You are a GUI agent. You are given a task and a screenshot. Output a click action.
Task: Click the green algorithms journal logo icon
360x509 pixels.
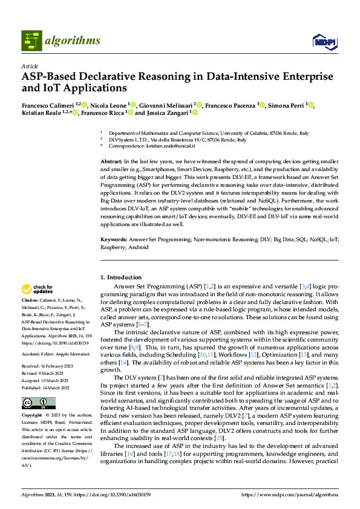[x=32, y=41]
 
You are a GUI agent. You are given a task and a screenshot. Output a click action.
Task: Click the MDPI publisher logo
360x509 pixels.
[x=324, y=41]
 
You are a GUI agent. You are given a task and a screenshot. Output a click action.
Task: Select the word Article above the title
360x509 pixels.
[x=29, y=66]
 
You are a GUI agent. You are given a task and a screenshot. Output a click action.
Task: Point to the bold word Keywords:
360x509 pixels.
[x=113, y=240]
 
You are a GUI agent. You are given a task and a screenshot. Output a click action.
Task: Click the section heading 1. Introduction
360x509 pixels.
[x=120, y=277]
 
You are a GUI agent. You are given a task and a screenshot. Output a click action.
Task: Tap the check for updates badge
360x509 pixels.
[x=38, y=289]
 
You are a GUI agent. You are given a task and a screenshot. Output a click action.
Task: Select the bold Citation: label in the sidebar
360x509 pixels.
[x=30, y=300]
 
